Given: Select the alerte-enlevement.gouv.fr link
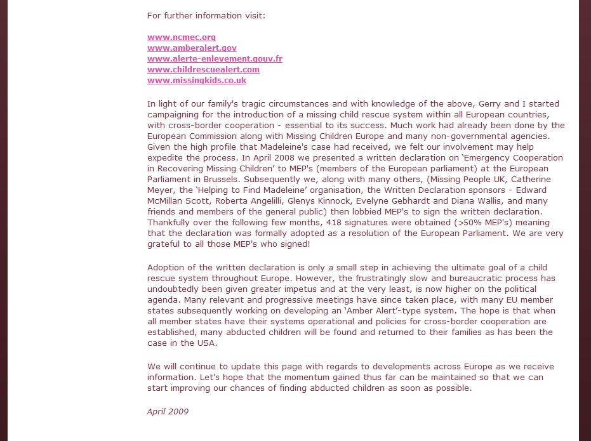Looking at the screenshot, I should (x=215, y=59).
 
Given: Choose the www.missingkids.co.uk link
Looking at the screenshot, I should (x=197, y=81).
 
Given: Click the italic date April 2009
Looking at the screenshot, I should (x=168, y=411).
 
